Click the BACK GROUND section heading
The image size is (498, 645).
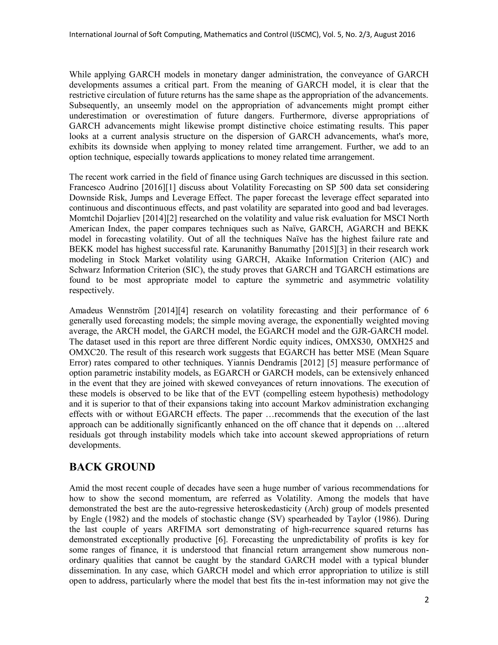[112, 467]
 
